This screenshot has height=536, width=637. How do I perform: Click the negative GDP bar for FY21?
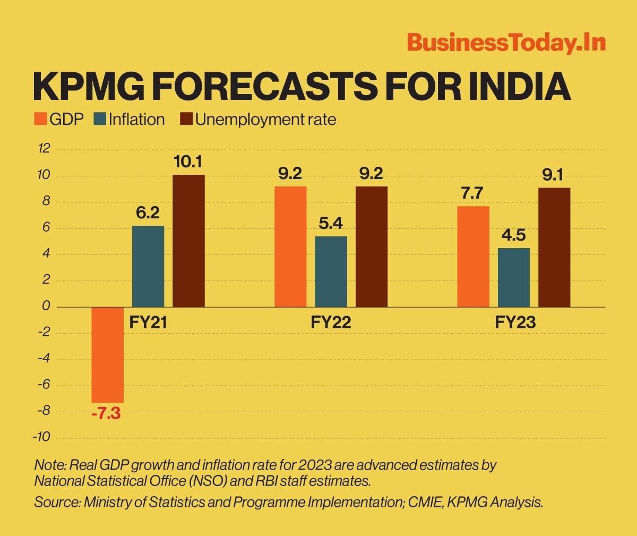click(108, 355)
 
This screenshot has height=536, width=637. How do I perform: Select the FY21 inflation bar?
click(148, 266)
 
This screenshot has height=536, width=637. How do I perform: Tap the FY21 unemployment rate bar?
click(188, 241)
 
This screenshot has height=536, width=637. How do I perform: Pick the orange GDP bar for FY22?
click(290, 246)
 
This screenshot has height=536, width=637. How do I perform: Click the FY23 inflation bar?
click(514, 277)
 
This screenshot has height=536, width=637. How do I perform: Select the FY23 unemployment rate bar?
click(554, 247)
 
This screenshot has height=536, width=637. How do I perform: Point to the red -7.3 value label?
click(106, 414)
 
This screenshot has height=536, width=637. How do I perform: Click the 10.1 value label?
click(188, 162)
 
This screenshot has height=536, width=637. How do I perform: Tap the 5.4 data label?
click(331, 224)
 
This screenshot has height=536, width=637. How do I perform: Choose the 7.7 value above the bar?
click(473, 193)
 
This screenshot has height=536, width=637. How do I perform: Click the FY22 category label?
click(331, 322)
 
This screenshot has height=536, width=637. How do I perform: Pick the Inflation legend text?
click(136, 119)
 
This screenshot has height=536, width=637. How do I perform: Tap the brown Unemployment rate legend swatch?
click(186, 119)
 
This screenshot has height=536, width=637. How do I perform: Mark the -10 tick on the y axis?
click(42, 437)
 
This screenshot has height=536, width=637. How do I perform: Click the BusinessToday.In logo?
click(506, 43)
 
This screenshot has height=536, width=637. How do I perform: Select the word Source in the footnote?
click(57, 503)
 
